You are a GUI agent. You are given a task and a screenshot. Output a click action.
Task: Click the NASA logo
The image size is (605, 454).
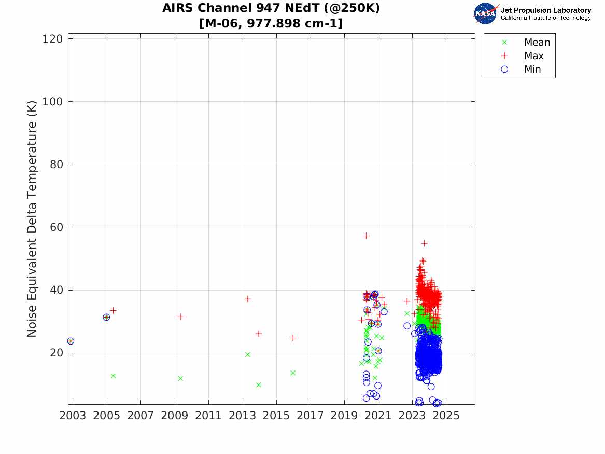click(486, 13)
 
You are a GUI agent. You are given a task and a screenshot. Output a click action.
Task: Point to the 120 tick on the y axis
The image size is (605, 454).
click(52, 38)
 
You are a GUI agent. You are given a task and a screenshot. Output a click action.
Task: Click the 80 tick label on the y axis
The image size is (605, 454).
click(57, 164)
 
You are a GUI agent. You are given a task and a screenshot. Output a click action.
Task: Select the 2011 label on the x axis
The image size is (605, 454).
click(208, 416)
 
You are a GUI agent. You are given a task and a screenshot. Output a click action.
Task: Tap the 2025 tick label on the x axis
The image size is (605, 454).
click(446, 416)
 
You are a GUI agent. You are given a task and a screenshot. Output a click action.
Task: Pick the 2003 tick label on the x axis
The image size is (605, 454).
click(73, 416)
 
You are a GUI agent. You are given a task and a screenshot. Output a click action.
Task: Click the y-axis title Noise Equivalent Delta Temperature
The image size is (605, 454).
click(32, 218)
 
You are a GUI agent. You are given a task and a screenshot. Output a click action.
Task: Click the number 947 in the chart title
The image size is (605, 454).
click(268, 8)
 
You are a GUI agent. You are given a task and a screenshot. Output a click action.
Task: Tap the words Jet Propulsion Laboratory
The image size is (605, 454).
click(546, 10)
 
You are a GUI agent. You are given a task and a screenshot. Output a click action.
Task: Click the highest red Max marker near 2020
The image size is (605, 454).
click(366, 236)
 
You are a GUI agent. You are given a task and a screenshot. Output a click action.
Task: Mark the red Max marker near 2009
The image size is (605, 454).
click(180, 317)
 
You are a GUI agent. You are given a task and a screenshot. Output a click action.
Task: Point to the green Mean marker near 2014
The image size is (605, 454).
click(259, 384)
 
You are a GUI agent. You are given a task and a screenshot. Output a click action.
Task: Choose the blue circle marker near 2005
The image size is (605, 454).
click(106, 318)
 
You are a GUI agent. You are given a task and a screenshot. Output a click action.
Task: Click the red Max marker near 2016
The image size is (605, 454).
click(293, 338)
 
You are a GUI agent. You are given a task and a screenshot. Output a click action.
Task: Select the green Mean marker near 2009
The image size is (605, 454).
click(180, 378)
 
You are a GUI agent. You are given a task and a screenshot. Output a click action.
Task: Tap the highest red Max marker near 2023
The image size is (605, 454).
click(425, 243)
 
